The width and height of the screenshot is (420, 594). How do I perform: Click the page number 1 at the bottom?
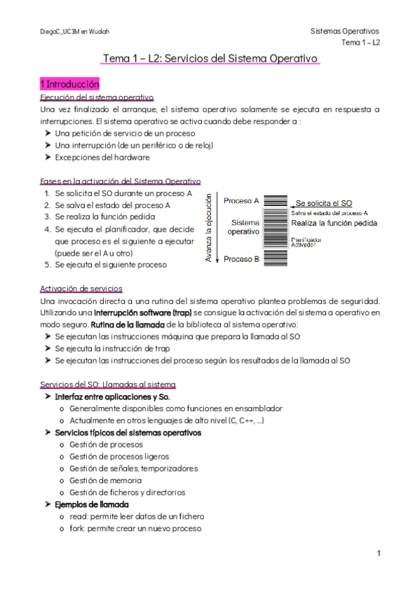[x=378, y=553]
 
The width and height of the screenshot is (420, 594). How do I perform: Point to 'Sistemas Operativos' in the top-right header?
[x=344, y=32]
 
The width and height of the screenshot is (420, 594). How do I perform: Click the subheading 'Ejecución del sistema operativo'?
[x=97, y=97]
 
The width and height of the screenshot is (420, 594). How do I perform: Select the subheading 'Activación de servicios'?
[x=82, y=288]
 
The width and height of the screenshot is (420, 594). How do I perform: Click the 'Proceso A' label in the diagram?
[x=241, y=200]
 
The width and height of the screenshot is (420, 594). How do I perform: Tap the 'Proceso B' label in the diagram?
[x=241, y=259]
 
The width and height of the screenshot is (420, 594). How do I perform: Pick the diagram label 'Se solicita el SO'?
[x=323, y=203]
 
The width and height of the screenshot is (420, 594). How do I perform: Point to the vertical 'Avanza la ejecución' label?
[x=208, y=230]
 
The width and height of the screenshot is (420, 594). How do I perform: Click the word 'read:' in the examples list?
[x=79, y=516]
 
